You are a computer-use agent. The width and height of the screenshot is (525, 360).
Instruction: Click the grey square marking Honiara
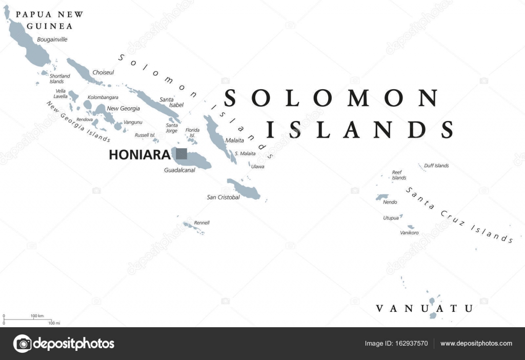pyautogui.click(x=181, y=153)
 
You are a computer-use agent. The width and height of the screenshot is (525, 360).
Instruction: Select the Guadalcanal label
pyautogui.click(x=179, y=170)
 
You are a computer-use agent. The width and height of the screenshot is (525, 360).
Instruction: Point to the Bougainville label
pyautogui.click(x=52, y=39)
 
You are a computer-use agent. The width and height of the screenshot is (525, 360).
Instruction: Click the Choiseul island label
pyautogui.click(x=103, y=73)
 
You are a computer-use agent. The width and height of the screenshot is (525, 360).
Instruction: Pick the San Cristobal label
pyautogui.click(x=223, y=197)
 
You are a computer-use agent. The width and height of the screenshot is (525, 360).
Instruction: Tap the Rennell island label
pyautogui.click(x=201, y=223)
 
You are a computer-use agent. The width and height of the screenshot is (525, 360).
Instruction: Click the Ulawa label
pyautogui.click(x=257, y=166)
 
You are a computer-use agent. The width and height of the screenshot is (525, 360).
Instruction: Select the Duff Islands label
pyautogui.click(x=436, y=166)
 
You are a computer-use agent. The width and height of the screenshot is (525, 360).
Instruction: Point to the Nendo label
pyautogui.click(x=390, y=202)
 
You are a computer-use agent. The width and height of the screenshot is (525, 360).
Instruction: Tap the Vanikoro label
pyautogui.click(x=409, y=233)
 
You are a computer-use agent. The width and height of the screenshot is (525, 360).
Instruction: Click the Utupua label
pyautogui.click(x=391, y=218)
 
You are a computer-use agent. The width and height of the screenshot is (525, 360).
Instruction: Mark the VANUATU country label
pyautogui.click(x=424, y=308)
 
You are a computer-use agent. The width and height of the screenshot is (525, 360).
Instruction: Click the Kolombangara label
pyautogui.click(x=103, y=97)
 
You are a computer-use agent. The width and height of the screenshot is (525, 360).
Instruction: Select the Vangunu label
pyautogui.click(x=133, y=122)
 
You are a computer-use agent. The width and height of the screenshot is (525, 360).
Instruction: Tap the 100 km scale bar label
pyautogui.click(x=37, y=315)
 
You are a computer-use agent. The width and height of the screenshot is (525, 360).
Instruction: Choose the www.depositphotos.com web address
pyautogui.click(x=476, y=344)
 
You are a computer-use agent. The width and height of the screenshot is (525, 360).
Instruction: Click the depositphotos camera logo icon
pyautogui.click(x=23, y=344)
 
